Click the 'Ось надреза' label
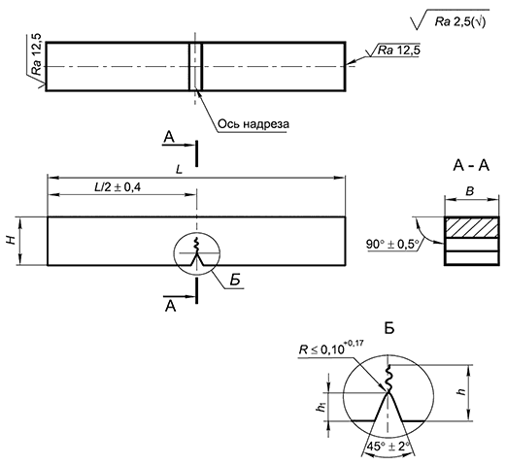point(253,124)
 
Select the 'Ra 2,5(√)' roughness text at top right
point(460,22)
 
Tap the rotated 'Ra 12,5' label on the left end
point(38,54)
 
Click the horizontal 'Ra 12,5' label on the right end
point(399,50)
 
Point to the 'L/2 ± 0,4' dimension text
point(118,187)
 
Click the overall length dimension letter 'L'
point(179,170)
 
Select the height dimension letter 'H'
point(12,240)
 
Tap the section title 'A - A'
point(471,166)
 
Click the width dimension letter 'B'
point(470,191)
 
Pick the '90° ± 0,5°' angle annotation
point(392,244)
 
